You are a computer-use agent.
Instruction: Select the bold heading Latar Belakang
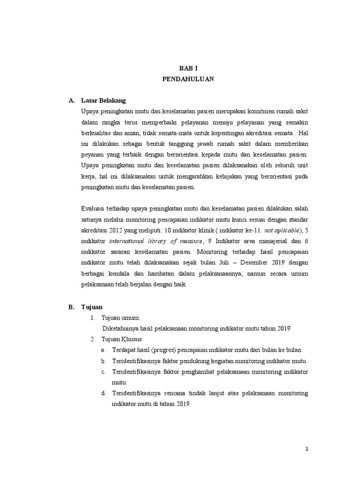tap(103, 100)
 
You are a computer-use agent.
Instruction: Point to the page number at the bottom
tap(307, 449)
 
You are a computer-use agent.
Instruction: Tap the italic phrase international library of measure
tap(157, 241)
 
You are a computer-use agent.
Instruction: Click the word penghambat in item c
tap(202, 372)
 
